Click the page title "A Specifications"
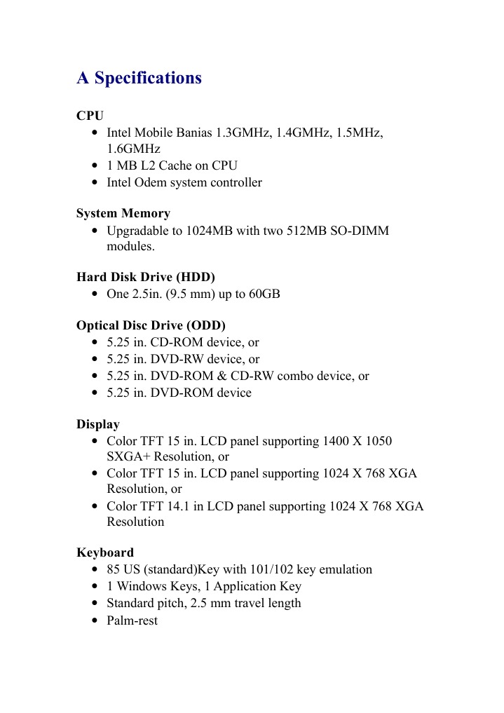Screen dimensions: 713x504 coord(139,78)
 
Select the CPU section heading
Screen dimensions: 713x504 coord(90,116)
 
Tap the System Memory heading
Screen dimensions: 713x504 coord(123,213)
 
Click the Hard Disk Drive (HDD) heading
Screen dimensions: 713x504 coord(145,277)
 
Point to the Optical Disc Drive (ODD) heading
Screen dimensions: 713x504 coord(151,325)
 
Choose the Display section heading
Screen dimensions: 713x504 coord(97,424)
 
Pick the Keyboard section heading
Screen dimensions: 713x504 coord(104,552)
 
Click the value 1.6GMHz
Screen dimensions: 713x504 coord(133,149)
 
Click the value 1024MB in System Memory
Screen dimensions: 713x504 coord(210,231)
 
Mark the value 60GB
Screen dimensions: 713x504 coord(264,294)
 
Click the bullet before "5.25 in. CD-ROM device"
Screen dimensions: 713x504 coord(95,343)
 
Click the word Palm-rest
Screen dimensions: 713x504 coord(132,620)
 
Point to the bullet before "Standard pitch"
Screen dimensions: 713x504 coord(95,604)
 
